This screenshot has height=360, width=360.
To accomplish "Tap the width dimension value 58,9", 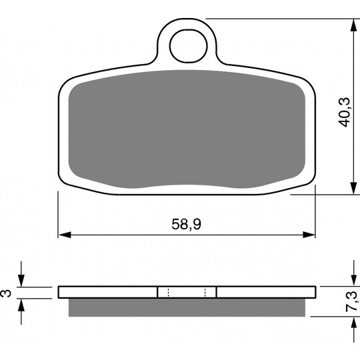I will tap(187, 226).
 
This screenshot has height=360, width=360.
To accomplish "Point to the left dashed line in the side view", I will tap(168, 292).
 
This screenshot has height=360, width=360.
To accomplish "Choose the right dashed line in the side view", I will tap(205, 292).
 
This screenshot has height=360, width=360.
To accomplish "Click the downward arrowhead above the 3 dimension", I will tap(23, 281).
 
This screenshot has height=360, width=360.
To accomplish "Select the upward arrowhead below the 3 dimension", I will tap(23, 303).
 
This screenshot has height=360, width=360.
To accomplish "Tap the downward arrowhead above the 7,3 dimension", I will tap(351, 281).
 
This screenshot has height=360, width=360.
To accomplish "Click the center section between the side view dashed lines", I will tap(187, 292).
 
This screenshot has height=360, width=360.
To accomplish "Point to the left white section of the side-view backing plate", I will tap(107, 292).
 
